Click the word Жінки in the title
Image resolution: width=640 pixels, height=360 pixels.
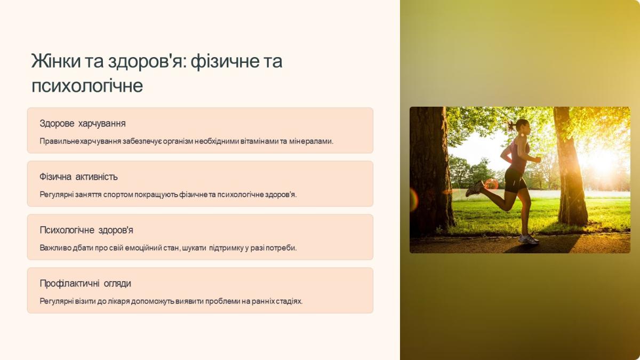pyautogui.click(x=56, y=61)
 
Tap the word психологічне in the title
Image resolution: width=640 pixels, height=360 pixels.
pyautogui.click(x=87, y=85)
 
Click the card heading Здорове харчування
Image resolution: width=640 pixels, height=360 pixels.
pyautogui.click(x=83, y=123)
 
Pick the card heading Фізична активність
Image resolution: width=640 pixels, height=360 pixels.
pyautogui.click(x=78, y=177)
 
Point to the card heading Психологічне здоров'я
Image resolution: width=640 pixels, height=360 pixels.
pyautogui.click(x=86, y=230)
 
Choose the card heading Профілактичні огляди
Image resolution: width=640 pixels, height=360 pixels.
pyautogui.click(x=85, y=283)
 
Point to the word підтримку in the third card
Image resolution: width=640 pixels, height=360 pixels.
pyautogui.click(x=226, y=247)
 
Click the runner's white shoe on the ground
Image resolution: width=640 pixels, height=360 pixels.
pyautogui.click(x=528, y=239)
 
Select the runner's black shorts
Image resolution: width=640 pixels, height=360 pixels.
pyautogui.click(x=515, y=181)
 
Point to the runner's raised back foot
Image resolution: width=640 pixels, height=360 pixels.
pyautogui.click(x=475, y=189)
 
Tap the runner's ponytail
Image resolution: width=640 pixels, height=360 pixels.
pyautogui.click(x=511, y=125)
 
